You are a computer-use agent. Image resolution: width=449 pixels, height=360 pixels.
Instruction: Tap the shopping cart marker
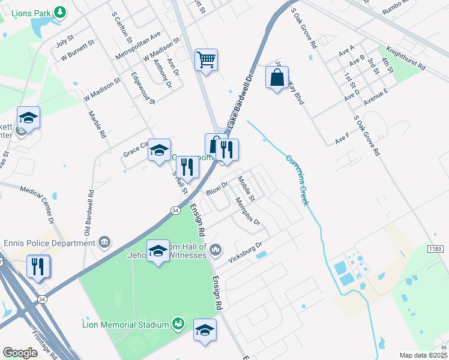(206, 60)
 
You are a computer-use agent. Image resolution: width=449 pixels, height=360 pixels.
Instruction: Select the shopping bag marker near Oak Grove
(277, 78)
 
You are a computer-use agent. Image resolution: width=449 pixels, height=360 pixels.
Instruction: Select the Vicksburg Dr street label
(246, 254)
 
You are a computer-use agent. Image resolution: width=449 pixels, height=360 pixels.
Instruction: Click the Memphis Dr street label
(248, 212)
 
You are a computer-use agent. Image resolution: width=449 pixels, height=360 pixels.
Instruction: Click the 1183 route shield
(436, 248)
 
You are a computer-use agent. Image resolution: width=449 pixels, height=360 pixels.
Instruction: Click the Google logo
(20, 353)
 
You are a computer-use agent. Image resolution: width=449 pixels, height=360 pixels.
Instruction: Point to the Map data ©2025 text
(423, 355)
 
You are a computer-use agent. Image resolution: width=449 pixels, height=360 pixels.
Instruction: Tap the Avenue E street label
(376, 96)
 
